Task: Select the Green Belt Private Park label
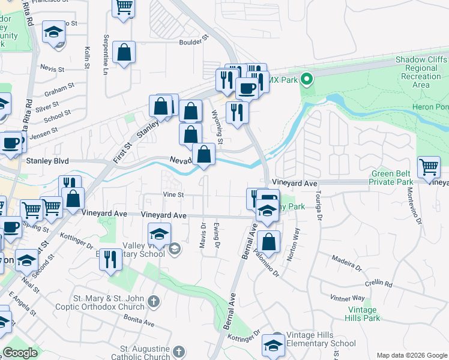pyautogui.click(x=391, y=177)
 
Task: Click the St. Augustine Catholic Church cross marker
pyautogui.click(x=178, y=352)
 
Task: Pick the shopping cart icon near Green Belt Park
pyautogui.click(x=429, y=167)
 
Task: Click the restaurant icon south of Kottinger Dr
pyautogui.click(x=110, y=260)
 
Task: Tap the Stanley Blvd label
pyautogui.click(x=47, y=161)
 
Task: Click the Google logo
pyautogui.click(x=20, y=353)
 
